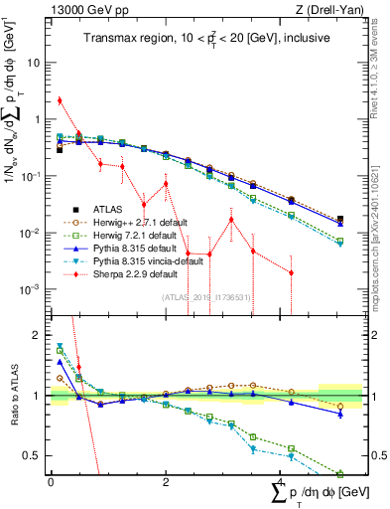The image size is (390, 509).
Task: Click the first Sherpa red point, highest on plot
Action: [x=60, y=100]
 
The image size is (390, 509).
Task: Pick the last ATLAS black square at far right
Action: [x=340, y=219]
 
